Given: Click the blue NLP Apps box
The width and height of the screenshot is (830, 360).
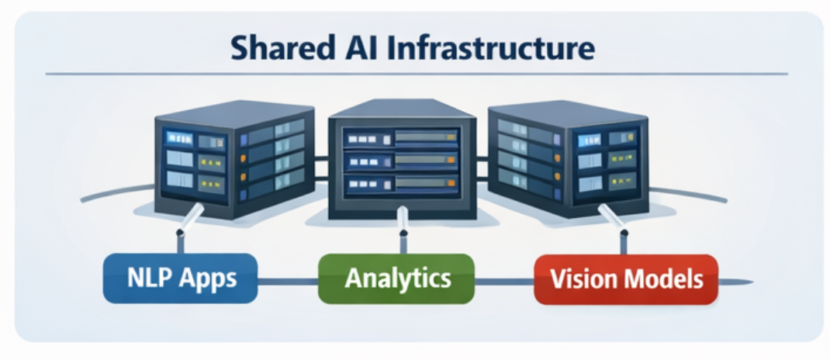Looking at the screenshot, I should click(180, 278).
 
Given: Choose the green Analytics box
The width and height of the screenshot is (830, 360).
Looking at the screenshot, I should click(396, 278).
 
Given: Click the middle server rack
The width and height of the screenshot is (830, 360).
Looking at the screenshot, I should click(401, 163).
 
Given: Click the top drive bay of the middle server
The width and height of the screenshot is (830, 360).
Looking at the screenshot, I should click(402, 139).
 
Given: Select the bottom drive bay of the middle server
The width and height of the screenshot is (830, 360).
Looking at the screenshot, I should click(402, 185).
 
